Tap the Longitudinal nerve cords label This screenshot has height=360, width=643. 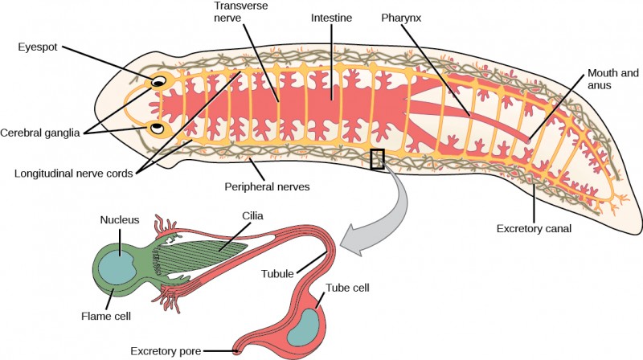point(70,171)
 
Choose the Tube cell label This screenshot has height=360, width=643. point(349,288)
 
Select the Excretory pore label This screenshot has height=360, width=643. point(166,350)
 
